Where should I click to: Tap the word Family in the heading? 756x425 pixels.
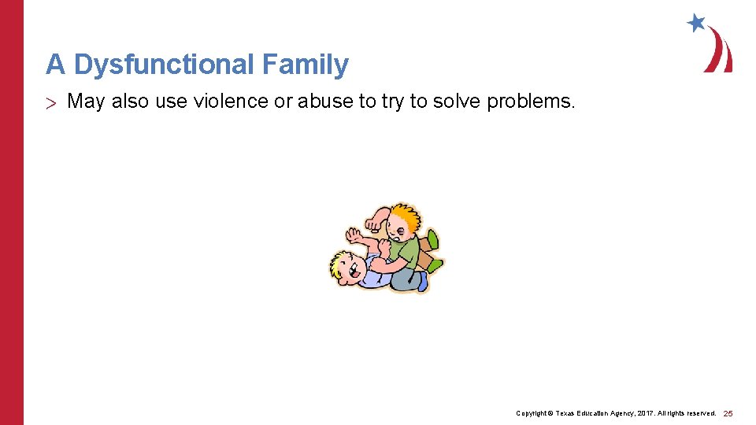308,65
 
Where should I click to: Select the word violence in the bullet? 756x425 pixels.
215,102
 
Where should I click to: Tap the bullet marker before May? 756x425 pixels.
53,102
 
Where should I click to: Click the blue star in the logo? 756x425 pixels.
695,22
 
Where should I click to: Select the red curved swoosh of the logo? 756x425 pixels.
719,51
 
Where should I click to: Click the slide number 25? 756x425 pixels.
728,413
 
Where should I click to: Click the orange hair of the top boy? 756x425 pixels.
406,216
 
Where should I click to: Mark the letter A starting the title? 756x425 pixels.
55,65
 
